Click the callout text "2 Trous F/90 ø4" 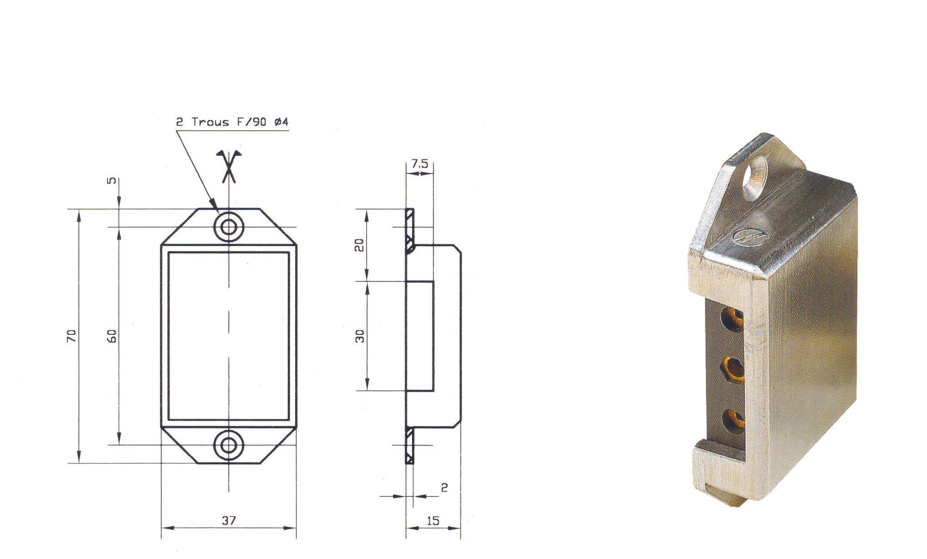(x=232, y=122)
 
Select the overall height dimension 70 (x=71, y=336)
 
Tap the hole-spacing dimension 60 (x=112, y=336)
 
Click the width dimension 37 (x=229, y=520)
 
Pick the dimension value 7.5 (x=420, y=164)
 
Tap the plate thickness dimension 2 (x=444, y=488)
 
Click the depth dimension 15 (x=432, y=521)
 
